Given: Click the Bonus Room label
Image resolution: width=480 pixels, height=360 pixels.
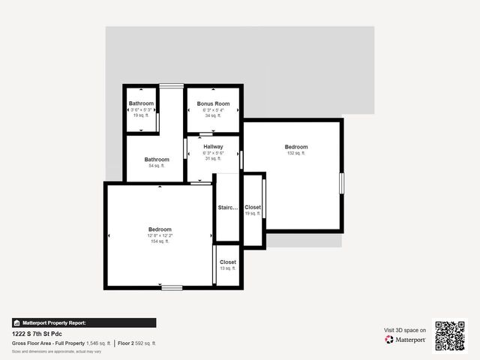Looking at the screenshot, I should point(213,103).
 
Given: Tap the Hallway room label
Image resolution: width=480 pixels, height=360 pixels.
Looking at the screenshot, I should point(213,146).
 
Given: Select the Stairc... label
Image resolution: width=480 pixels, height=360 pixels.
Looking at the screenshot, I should point(227,208).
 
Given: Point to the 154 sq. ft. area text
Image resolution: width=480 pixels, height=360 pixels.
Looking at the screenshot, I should point(160,241).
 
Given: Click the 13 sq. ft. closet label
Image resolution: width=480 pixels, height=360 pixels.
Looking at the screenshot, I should point(228,268).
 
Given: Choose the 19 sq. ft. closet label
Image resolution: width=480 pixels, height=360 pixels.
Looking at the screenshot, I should point(253,214).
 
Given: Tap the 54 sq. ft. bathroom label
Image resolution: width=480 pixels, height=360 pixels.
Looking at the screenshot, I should point(157,166).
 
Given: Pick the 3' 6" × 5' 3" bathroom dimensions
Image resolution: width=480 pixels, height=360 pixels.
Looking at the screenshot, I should point(141,109).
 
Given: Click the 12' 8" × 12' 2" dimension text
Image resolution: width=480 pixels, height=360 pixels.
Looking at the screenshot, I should point(160,235).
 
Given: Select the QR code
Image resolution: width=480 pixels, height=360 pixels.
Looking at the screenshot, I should point(450,335).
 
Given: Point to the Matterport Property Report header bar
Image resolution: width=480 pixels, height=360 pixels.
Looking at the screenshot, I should point(84,322).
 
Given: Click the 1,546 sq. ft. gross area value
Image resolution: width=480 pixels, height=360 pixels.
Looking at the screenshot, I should point(98,343).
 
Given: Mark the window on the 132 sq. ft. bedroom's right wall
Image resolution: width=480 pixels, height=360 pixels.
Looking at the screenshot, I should point(341,184).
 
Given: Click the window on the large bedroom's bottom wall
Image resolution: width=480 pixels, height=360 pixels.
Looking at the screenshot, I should point(172,287).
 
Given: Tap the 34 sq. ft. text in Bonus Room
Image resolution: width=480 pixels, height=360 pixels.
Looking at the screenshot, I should point(213,115).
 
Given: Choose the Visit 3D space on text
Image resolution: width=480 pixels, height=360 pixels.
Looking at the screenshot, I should point(405,330).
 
